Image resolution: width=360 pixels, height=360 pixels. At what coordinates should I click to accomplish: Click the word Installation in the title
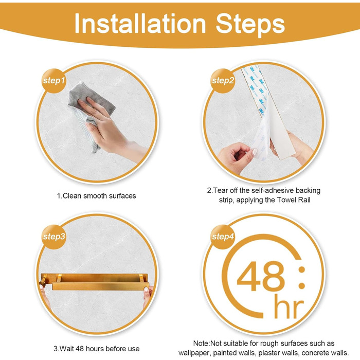(140, 24)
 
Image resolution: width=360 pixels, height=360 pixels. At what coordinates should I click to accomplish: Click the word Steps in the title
(250, 25)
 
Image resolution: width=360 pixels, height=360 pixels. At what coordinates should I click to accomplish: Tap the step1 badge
(54, 81)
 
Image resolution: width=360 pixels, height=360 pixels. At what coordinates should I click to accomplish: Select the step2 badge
(223, 81)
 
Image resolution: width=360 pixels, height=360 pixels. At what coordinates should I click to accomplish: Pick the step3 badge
(54, 237)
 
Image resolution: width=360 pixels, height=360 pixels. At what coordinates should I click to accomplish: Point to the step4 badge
(223, 237)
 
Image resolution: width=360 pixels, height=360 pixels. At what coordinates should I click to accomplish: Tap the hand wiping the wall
(110, 129)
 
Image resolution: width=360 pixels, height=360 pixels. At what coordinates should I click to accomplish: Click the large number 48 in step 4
(261, 276)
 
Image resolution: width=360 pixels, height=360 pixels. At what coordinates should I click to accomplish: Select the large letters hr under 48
(289, 307)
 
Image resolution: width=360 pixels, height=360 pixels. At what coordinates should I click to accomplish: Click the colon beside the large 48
(302, 278)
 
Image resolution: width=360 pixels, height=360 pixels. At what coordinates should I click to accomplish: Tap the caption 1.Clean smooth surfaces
(97, 196)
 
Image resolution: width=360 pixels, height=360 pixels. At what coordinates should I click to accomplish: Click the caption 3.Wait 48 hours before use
(97, 349)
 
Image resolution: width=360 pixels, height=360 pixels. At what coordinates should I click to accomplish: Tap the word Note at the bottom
(201, 344)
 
